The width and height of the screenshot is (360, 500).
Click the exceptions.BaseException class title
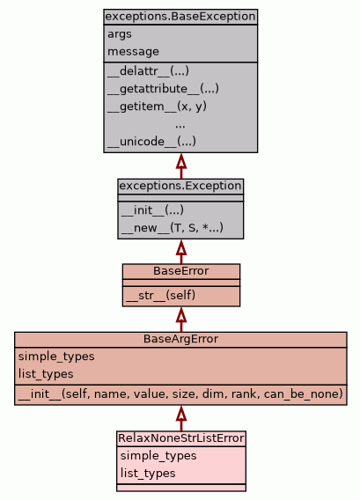click(x=180, y=17)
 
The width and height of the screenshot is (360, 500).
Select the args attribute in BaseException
click(x=120, y=34)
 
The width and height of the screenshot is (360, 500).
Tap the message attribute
click(x=133, y=52)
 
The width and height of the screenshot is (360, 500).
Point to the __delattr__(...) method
click(x=148, y=71)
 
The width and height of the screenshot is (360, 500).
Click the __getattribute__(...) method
click(x=163, y=89)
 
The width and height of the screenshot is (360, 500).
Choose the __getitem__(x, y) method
click(x=158, y=107)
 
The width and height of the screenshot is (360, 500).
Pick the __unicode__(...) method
click(x=151, y=142)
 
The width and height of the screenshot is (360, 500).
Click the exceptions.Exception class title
click(x=180, y=186)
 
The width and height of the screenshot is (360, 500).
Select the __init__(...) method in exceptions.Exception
click(x=152, y=210)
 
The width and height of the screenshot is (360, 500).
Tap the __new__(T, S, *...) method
click(x=173, y=228)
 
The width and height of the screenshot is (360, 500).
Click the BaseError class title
click(x=181, y=271)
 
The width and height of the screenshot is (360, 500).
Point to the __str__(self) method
click(x=160, y=296)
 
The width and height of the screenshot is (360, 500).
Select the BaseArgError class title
click(x=180, y=339)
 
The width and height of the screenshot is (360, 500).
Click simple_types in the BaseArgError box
click(x=56, y=357)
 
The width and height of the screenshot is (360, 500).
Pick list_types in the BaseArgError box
click(x=46, y=374)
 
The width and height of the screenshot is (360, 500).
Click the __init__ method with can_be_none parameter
click(x=180, y=394)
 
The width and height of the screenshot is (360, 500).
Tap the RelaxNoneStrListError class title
click(x=181, y=438)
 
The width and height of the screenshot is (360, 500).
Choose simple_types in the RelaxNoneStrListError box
click(x=158, y=456)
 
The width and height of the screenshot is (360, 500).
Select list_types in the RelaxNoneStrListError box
click(x=148, y=474)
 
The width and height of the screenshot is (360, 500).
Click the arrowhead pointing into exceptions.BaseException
click(x=181, y=161)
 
